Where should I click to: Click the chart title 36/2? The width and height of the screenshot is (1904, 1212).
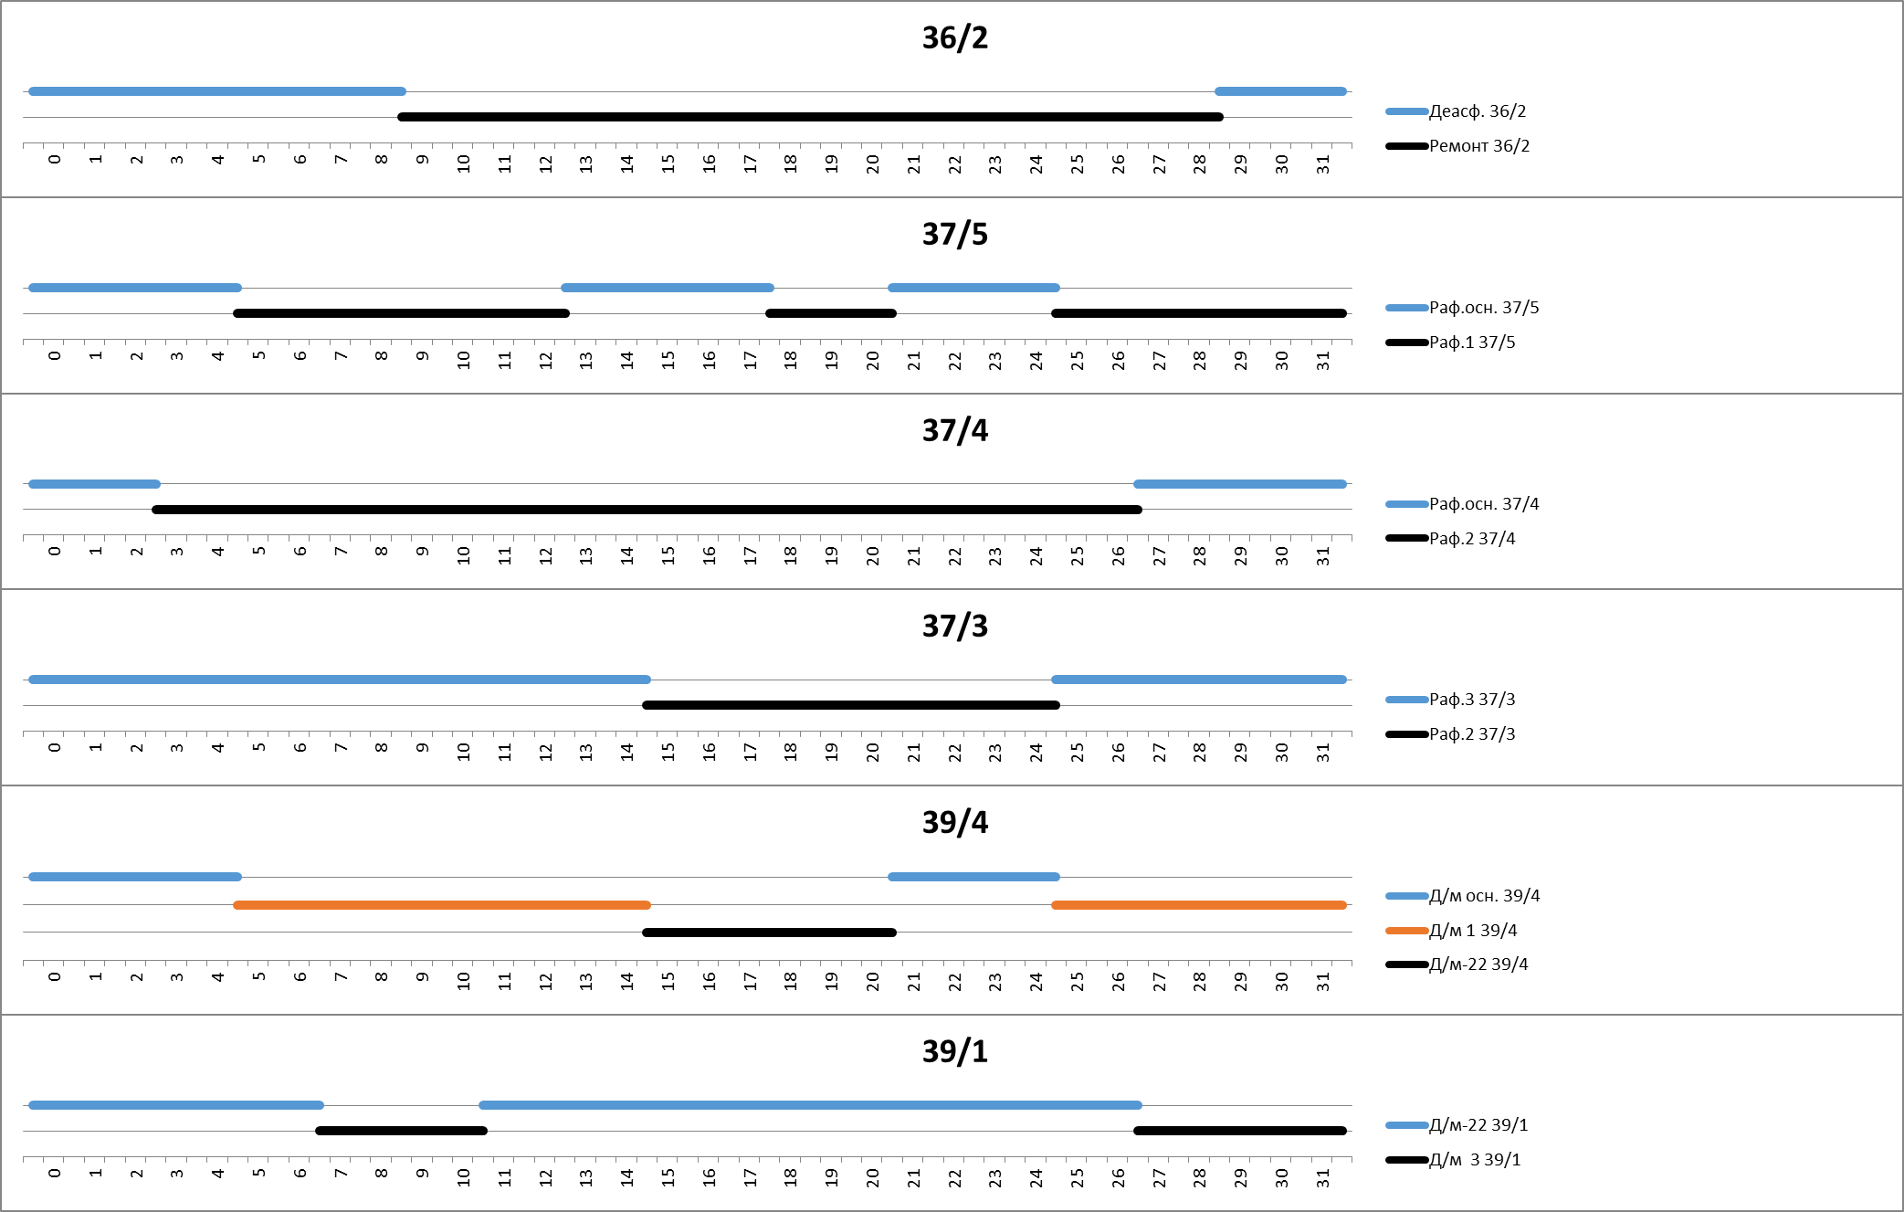(x=954, y=38)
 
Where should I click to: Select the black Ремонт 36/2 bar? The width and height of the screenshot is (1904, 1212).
(x=810, y=117)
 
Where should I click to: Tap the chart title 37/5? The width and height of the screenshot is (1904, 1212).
(x=954, y=235)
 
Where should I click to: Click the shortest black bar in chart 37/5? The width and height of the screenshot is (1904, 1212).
(x=831, y=313)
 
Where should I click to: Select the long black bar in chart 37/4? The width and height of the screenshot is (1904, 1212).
(x=647, y=510)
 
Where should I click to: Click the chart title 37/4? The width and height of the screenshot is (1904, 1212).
(x=954, y=430)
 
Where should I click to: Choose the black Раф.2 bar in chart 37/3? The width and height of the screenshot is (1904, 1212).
(x=851, y=705)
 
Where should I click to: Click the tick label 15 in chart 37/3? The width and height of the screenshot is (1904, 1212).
(x=668, y=752)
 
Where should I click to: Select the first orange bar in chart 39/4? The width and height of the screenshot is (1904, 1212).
(x=442, y=905)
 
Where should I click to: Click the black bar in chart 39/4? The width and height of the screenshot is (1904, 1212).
(x=769, y=933)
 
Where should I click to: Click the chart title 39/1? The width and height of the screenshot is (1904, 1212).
(x=954, y=1052)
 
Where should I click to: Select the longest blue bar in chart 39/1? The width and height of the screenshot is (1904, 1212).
(x=810, y=1105)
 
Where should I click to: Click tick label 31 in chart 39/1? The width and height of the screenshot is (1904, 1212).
(x=1323, y=1177)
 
